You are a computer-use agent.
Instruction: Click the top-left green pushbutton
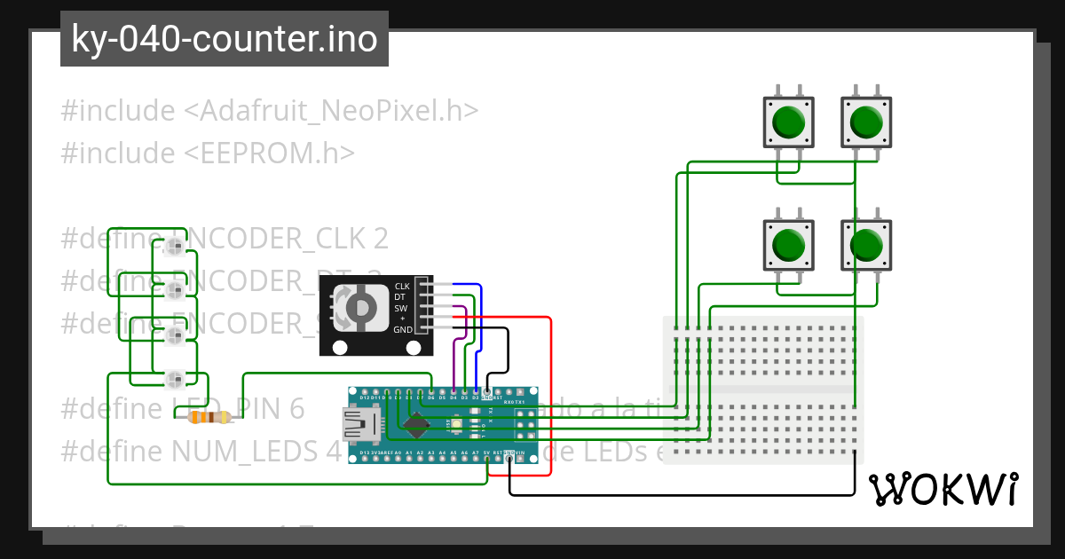[x=789, y=122]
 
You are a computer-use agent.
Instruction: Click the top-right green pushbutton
[x=865, y=122]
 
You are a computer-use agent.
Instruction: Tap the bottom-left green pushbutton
[x=789, y=245]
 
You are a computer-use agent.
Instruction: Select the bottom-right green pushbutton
[x=865, y=245]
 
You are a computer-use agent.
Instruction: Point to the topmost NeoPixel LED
[x=175, y=246]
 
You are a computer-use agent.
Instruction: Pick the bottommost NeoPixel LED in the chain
[x=175, y=380]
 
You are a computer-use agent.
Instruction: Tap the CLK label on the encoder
[x=402, y=286]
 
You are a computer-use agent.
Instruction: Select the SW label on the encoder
[x=401, y=308]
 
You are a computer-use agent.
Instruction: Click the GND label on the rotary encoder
[x=403, y=329]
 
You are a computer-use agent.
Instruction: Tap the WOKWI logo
[x=943, y=489]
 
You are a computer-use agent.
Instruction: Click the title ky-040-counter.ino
[x=224, y=39]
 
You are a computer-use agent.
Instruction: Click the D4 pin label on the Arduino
[x=454, y=398]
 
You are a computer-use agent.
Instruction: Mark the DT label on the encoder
[x=400, y=297]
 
